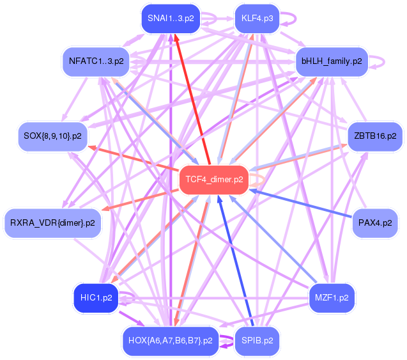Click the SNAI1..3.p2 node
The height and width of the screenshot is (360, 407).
(171, 19)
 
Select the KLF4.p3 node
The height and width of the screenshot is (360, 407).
(257, 19)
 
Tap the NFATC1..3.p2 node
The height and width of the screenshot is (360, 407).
(96, 61)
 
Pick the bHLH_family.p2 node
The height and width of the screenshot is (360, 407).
(332, 61)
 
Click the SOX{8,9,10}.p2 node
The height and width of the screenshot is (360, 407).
(52, 136)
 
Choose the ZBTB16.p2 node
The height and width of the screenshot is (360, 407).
(375, 136)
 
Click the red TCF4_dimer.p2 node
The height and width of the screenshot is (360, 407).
(214, 180)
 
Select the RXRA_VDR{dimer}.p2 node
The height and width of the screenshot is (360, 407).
(52, 223)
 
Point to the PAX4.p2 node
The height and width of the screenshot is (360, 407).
(375, 223)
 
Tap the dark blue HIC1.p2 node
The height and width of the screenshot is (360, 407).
(96, 298)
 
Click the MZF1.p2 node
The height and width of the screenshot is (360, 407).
(332, 298)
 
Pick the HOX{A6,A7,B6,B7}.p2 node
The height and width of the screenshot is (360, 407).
(171, 341)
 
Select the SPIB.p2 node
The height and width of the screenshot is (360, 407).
(257, 341)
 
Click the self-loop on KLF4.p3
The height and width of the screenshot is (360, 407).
(296, 19)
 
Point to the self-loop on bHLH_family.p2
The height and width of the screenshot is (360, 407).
(384, 62)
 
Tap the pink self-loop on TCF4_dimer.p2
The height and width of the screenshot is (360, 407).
(265, 180)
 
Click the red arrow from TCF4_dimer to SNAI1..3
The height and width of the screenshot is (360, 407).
(192, 100)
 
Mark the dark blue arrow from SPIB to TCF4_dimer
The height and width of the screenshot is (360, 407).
(234, 260)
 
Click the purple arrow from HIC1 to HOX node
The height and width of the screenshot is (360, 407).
(132, 319)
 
